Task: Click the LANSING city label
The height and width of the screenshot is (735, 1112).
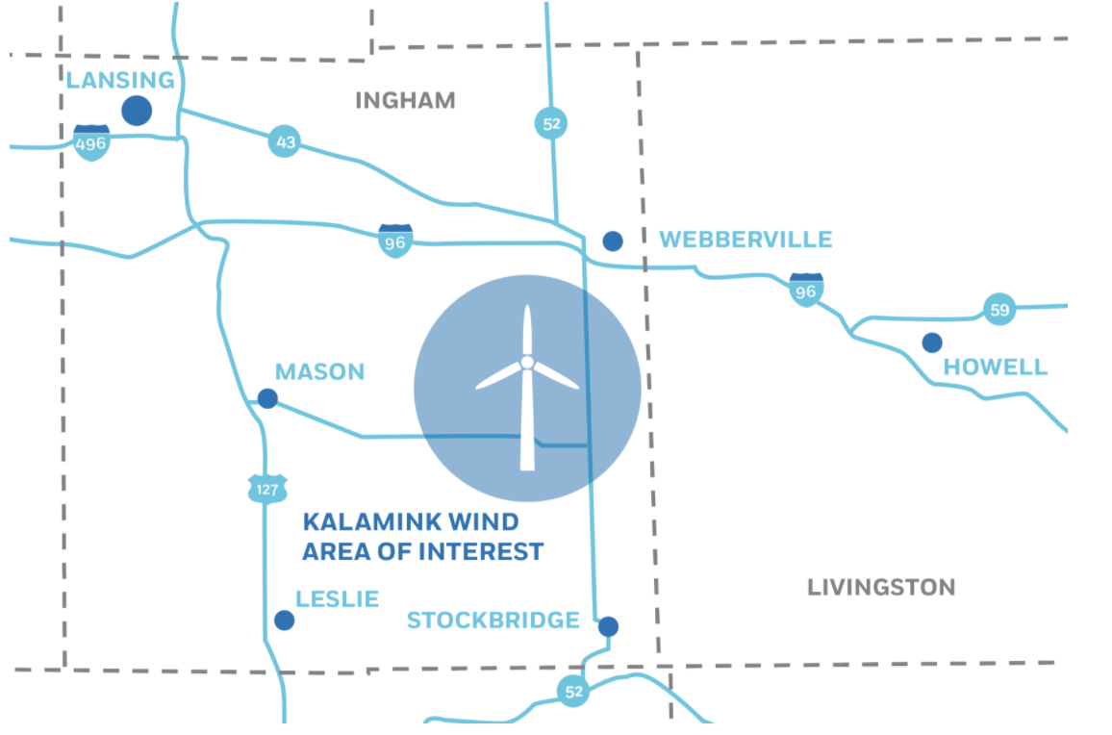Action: click(x=120, y=80)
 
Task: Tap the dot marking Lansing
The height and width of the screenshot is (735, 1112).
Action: click(x=137, y=111)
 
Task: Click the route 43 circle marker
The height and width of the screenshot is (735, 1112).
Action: click(x=284, y=141)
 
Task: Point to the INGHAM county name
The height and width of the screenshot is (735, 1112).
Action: click(x=405, y=100)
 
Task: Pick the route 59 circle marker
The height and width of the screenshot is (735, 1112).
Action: click(x=999, y=310)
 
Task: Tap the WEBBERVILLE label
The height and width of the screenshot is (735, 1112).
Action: click(x=746, y=240)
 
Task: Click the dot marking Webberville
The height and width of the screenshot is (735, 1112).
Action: click(x=612, y=241)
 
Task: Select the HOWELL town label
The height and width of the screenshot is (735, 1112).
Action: click(x=995, y=367)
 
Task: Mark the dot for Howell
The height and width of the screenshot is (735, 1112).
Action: click(x=931, y=342)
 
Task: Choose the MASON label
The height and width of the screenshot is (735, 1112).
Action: click(x=319, y=371)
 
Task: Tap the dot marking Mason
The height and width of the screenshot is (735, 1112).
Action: click(x=267, y=398)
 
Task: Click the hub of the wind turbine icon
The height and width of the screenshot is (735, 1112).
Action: click(x=527, y=363)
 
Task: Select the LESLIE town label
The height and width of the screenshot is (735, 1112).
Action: click(x=337, y=598)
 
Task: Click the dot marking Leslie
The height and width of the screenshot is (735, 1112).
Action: click(x=284, y=621)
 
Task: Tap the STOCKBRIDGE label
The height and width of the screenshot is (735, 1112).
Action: click(x=493, y=621)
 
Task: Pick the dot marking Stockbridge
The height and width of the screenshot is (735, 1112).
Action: click(x=608, y=626)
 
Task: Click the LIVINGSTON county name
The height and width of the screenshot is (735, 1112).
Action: click(x=880, y=587)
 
